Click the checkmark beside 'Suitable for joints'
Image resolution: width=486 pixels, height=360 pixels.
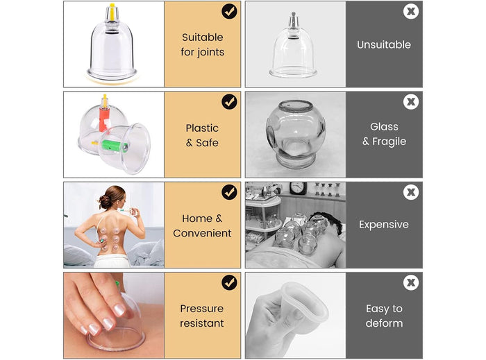coord(229,12)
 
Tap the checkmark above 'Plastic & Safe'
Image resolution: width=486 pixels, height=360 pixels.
coord(229,102)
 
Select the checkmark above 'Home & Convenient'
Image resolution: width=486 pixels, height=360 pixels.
coord(229,192)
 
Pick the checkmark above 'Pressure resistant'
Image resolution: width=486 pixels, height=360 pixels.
coord(229,282)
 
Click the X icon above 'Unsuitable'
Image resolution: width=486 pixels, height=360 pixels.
coord(411,12)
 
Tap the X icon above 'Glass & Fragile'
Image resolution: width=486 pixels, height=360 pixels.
coord(411,102)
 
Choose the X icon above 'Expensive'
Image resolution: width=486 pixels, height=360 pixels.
coord(411,192)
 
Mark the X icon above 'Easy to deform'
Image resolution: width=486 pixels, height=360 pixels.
coord(411,282)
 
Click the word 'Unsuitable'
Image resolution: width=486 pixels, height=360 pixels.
coord(384,44)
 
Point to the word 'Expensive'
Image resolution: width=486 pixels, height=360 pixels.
coord(384,225)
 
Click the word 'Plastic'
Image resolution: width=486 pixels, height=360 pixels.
coord(202,128)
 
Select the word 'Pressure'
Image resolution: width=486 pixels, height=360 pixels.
coord(202,309)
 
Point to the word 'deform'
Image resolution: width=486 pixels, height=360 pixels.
coord(384,323)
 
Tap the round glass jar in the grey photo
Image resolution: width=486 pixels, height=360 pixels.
coord(294,135)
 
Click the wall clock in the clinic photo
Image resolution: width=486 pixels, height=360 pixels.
coord(298,189)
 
